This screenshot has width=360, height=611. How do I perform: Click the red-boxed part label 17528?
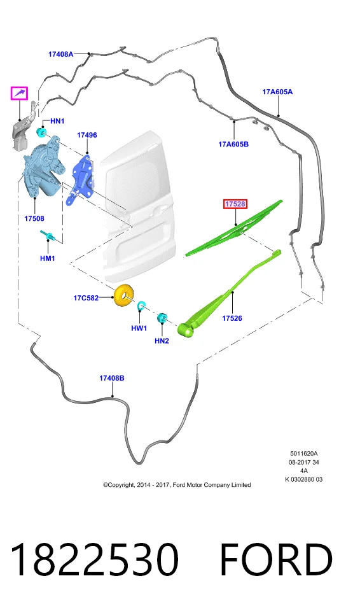(235, 204)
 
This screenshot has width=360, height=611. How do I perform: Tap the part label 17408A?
(61, 54)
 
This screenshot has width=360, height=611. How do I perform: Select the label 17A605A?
(277, 92)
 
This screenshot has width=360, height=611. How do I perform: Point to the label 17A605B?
(233, 144)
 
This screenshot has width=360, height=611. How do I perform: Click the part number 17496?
(87, 135)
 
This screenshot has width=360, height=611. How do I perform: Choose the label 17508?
(34, 218)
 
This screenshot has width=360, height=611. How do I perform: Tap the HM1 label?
(48, 258)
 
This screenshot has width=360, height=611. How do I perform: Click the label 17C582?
(86, 298)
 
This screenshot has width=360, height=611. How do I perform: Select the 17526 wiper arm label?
(232, 318)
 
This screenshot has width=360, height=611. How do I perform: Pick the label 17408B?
(112, 378)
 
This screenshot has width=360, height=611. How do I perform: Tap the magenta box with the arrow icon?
(19, 93)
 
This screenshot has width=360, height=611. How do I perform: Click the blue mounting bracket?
(83, 179)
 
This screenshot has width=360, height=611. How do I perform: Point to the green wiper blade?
(234, 228)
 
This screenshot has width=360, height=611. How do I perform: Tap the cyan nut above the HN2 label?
(162, 318)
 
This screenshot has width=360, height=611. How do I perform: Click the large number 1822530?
(94, 559)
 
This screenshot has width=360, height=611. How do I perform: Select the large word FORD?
(276, 559)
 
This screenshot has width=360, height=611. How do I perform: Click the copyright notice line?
(177, 485)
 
